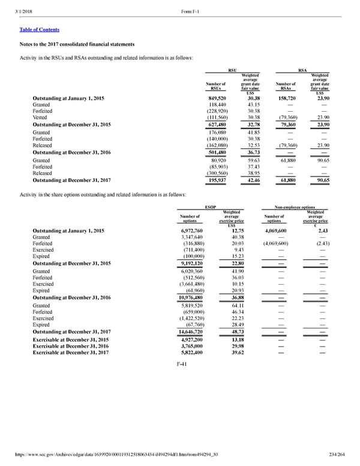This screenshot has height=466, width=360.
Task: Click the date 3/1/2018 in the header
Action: click(17, 7)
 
